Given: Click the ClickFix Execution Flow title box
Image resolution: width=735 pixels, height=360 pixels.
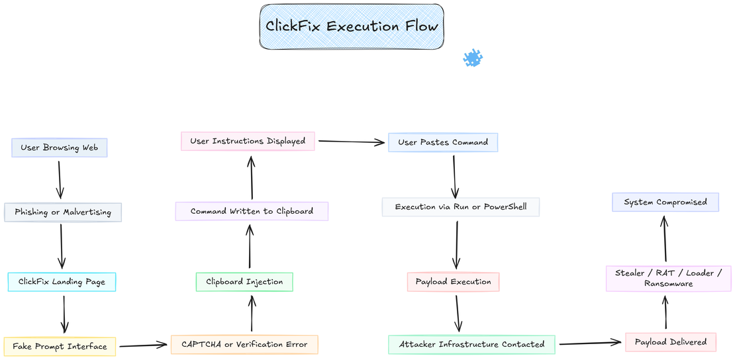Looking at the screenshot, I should tap(351, 26).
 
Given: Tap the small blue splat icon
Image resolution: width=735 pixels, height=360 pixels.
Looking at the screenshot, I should tap(473, 58).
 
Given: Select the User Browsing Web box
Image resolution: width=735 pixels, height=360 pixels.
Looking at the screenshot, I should tap(60, 148).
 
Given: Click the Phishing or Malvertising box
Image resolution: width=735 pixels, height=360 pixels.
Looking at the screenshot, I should tap(63, 212).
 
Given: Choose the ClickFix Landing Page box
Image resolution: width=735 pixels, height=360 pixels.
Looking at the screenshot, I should tap(62, 282).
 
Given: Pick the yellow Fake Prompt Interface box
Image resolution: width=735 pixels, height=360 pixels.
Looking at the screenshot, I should tap(60, 346).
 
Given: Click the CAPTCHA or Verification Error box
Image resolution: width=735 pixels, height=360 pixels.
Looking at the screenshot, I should tap(244, 344).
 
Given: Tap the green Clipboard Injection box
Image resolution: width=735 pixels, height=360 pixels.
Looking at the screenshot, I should tap(244, 282).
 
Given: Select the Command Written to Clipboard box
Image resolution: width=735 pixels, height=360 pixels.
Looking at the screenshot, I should tap(252, 212).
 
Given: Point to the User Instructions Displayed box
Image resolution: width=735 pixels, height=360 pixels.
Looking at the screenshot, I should tap(248, 141).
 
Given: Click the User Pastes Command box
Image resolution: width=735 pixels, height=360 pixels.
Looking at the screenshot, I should tap(443, 142).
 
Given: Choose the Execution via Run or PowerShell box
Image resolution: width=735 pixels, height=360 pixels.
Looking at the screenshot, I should tap(461, 207).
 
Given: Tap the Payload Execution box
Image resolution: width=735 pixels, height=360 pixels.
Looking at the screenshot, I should tap(453, 282).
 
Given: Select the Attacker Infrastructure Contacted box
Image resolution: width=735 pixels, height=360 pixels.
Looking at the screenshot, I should tap(471, 344).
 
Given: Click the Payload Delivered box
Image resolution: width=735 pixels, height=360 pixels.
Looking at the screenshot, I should tap(671, 342).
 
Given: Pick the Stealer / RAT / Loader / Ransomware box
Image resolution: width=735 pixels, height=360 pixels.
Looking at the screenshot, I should tap(669, 278).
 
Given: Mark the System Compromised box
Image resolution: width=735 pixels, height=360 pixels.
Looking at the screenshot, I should tap(665, 202).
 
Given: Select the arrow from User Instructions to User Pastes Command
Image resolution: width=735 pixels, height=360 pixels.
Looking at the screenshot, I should tap(352, 141).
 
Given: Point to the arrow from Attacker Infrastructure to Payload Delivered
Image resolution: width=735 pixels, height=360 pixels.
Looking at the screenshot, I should tap(591, 343).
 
